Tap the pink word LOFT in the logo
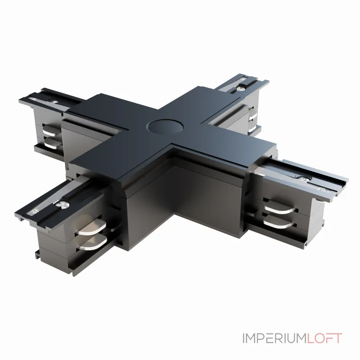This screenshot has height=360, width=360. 324,338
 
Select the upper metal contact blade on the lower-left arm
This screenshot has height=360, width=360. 91,228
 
